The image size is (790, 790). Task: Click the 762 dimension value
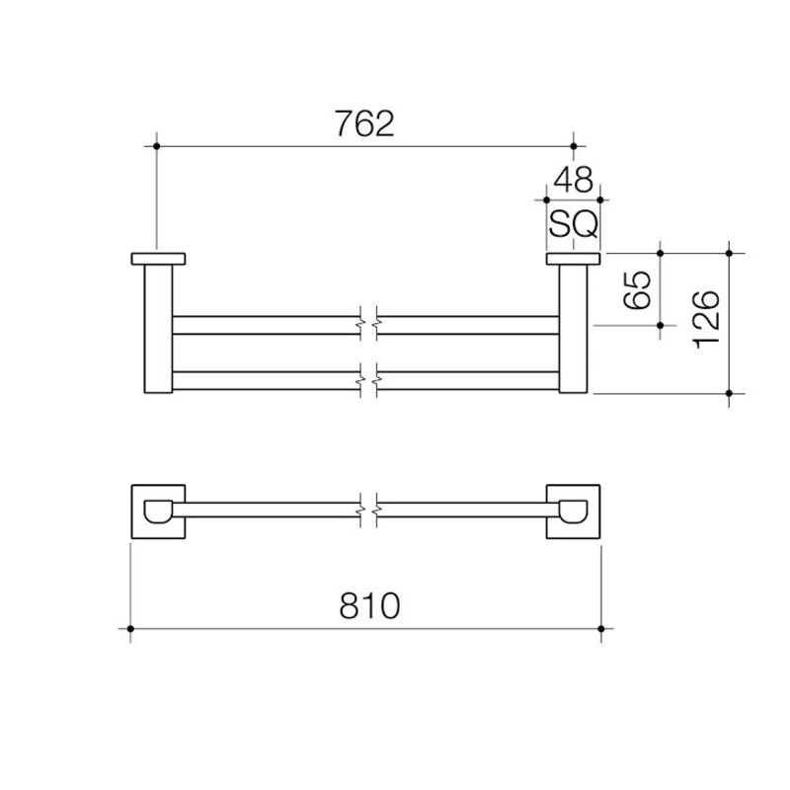pyautogui.click(x=363, y=124)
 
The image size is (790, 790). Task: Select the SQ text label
pyautogui.click(x=573, y=225)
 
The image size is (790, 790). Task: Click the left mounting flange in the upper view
pyautogui.click(x=158, y=260)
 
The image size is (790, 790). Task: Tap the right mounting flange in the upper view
pyautogui.click(x=574, y=260)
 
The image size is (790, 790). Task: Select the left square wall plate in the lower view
pyautogui.click(x=158, y=511)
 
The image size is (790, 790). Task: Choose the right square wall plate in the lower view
pyautogui.click(x=575, y=511)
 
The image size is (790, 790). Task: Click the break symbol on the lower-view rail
pyautogui.click(x=366, y=511)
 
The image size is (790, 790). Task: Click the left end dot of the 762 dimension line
pyautogui.click(x=157, y=146)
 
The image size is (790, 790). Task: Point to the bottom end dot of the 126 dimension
pyautogui.click(x=729, y=394)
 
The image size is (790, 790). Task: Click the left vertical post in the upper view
pyautogui.click(x=159, y=331)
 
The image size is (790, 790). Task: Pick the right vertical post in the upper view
pyautogui.click(x=574, y=331)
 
